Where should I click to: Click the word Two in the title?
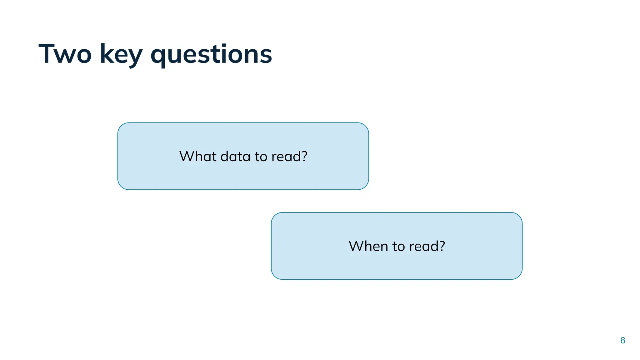point(65,54)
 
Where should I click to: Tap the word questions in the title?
point(211,55)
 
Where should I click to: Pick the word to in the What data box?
point(261,157)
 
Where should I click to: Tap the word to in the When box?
point(398,247)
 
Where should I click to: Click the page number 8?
point(622,340)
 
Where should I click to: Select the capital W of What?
point(187,156)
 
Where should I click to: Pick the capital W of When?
point(357,246)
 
